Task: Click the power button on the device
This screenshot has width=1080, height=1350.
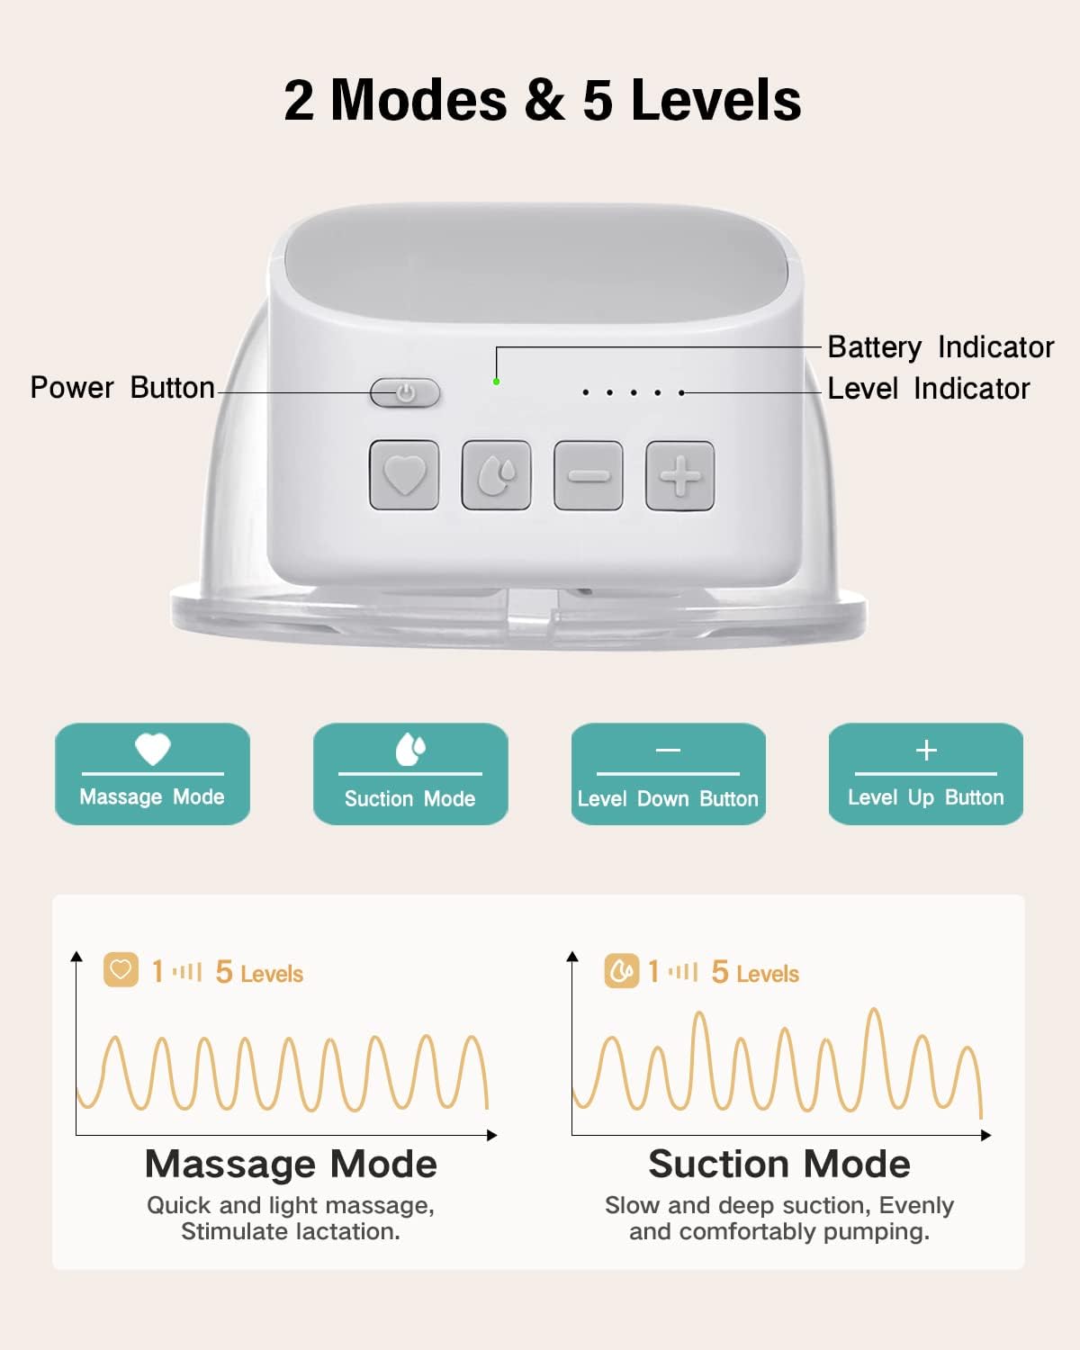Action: coord(405,392)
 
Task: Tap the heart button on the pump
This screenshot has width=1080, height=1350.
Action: coord(404,475)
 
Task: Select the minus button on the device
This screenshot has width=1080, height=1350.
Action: coord(588,475)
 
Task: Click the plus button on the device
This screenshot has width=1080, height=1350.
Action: coord(680,475)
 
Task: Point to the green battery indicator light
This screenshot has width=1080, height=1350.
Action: coord(497,382)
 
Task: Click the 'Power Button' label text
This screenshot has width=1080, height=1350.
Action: coord(122,388)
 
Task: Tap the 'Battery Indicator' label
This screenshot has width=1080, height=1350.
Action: coord(940,347)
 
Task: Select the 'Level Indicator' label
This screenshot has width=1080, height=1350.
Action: coord(929,389)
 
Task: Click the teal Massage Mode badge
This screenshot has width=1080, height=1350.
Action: coord(152,773)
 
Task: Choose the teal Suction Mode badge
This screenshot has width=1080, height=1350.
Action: coord(410,773)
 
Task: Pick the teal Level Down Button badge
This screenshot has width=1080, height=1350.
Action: coord(669,773)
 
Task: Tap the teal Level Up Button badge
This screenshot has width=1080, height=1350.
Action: coord(926,773)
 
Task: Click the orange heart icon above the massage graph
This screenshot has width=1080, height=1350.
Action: coord(121,970)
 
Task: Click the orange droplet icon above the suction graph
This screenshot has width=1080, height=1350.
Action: coord(621,971)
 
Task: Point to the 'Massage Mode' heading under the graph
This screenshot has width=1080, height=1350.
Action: coord(292,1165)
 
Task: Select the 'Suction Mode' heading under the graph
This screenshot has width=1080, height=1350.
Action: coord(779,1165)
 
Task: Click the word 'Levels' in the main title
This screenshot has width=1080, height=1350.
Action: coord(716,101)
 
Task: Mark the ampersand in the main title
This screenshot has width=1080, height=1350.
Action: coord(544,101)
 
